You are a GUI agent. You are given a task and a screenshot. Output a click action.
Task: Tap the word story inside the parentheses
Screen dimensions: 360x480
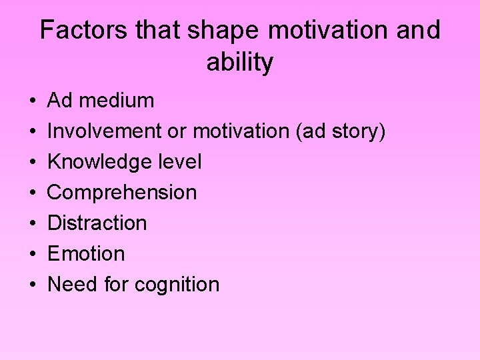point(359,131)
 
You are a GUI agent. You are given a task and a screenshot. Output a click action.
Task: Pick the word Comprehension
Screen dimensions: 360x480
point(122,193)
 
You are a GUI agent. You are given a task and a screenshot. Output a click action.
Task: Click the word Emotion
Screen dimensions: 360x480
point(86,254)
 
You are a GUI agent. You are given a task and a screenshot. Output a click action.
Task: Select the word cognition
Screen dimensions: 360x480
point(177,285)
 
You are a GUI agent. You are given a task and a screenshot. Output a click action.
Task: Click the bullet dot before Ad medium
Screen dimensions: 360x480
point(33,101)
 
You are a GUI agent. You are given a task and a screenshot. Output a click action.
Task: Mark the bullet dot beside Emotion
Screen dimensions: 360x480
point(33,255)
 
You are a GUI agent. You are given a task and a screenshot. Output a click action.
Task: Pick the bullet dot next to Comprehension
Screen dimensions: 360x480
point(33,193)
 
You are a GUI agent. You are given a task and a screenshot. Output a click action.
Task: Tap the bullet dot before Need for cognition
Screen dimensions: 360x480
point(33,285)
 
